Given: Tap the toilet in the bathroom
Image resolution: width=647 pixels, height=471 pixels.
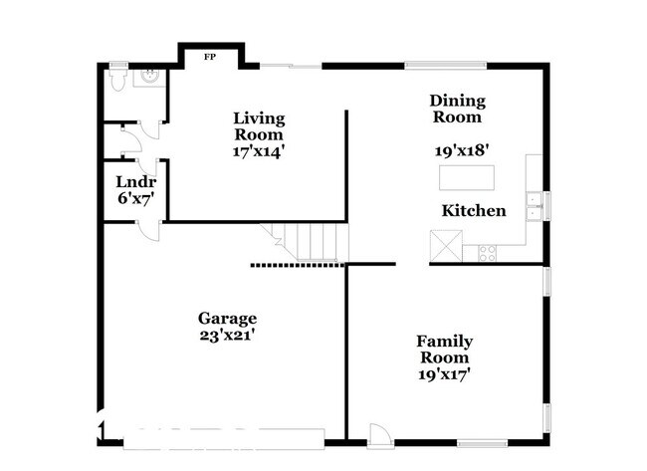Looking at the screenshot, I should coord(117,79).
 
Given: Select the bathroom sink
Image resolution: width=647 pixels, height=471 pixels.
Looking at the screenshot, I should coord(150,75).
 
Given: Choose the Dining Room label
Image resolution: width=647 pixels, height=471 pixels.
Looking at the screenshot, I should coord(457,109).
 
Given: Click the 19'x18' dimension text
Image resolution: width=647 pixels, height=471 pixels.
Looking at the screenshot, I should coord(461,151).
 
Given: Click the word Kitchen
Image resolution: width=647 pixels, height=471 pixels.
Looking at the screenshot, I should coord(474,211).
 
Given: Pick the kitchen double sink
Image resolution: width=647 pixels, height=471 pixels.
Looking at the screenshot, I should coord(535,204).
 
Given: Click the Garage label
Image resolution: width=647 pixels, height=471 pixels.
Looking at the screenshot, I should coord(228,319).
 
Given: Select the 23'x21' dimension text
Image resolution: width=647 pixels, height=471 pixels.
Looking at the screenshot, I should coord(228,336).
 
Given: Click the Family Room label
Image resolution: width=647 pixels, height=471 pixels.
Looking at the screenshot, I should coord(444,350).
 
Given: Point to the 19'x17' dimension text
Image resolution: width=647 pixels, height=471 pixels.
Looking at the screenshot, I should coord(443,374).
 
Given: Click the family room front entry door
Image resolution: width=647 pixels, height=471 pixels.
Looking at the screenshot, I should coord(378,433).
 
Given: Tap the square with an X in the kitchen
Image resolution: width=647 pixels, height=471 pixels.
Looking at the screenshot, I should coord(443,245).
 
